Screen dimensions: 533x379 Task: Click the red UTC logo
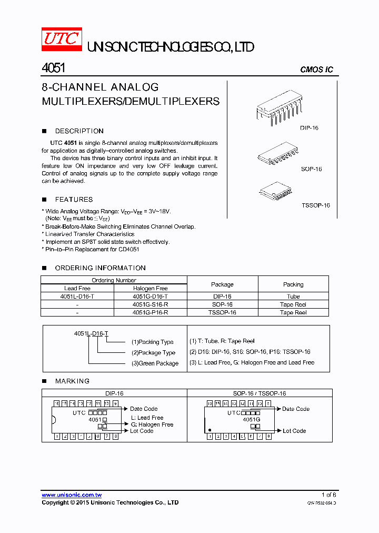coord(62,40)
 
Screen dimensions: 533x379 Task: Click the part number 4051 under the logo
coord(53,68)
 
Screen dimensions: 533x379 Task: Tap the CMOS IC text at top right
coord(316,70)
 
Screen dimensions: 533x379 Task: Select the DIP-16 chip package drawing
coord(280,109)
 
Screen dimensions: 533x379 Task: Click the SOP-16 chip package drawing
coord(280,152)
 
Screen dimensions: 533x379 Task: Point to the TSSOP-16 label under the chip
coord(315,205)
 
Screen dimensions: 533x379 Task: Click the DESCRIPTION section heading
coord(79,131)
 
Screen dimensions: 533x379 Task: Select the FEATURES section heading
coord(74,200)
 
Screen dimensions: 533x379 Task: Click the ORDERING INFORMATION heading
coord(100,268)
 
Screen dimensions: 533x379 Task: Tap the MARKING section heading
coord(72,381)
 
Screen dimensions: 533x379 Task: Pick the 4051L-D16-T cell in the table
coord(77,297)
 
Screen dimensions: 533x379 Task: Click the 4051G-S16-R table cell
coord(151,304)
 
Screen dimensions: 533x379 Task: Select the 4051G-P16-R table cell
coord(151,312)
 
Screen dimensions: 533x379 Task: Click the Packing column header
coord(293,284)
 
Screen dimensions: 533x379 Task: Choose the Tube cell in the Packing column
coord(293,297)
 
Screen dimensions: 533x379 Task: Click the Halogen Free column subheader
coord(151,289)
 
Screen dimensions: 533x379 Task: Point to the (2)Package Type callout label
coord(153,353)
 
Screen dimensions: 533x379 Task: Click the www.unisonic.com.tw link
coord(72,495)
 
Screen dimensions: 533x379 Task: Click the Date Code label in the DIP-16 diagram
coord(144,409)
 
